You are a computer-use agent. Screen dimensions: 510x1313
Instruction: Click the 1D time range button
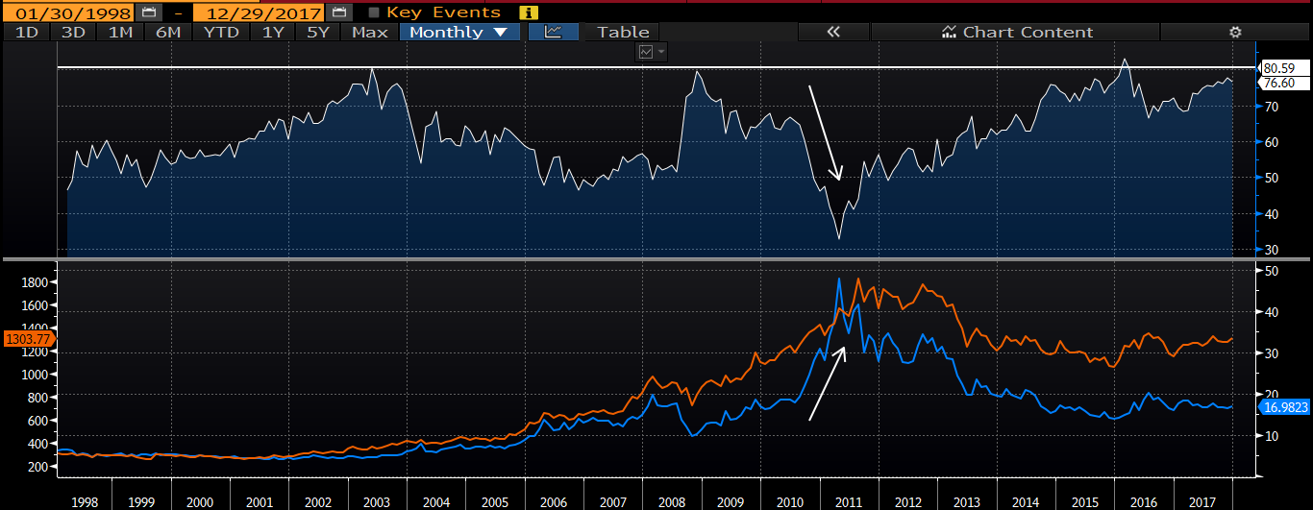coord(26,32)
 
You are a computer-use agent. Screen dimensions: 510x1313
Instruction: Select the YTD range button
coord(221,32)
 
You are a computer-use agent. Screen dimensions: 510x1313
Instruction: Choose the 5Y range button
coord(318,32)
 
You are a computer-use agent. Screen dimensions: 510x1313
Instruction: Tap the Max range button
coord(370,32)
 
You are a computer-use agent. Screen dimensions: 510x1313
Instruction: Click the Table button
coord(623,32)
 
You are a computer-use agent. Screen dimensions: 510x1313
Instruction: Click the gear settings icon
coord(1235,32)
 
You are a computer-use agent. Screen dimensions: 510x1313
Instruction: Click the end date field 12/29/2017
coord(256,12)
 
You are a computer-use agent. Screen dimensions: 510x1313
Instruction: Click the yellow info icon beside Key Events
coord(528,12)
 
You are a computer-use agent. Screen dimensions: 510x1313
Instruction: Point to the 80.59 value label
coord(1279,68)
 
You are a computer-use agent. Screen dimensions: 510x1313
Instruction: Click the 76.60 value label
coord(1279,83)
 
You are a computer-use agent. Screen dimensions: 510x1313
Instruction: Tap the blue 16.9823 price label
coord(1284,407)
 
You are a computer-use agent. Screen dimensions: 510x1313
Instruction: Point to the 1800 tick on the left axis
coord(36,282)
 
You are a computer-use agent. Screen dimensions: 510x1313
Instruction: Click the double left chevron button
coord(832,32)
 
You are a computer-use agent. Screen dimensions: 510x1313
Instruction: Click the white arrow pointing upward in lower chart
coord(828,383)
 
